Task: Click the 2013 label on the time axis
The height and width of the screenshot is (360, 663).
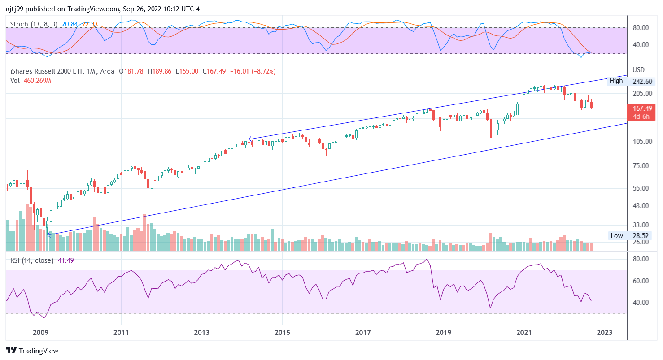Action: point(202,332)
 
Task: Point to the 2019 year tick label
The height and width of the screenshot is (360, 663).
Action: point(443,332)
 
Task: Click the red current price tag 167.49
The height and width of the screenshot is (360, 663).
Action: point(642,108)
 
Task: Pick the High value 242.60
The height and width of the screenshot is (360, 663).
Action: point(642,81)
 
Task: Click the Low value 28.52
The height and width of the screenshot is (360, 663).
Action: point(642,236)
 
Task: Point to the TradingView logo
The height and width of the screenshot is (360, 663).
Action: point(32,351)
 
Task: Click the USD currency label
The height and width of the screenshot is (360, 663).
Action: point(638,70)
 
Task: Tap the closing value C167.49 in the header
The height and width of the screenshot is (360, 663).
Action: point(215,71)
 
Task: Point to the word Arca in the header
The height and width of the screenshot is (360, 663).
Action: point(107,71)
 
